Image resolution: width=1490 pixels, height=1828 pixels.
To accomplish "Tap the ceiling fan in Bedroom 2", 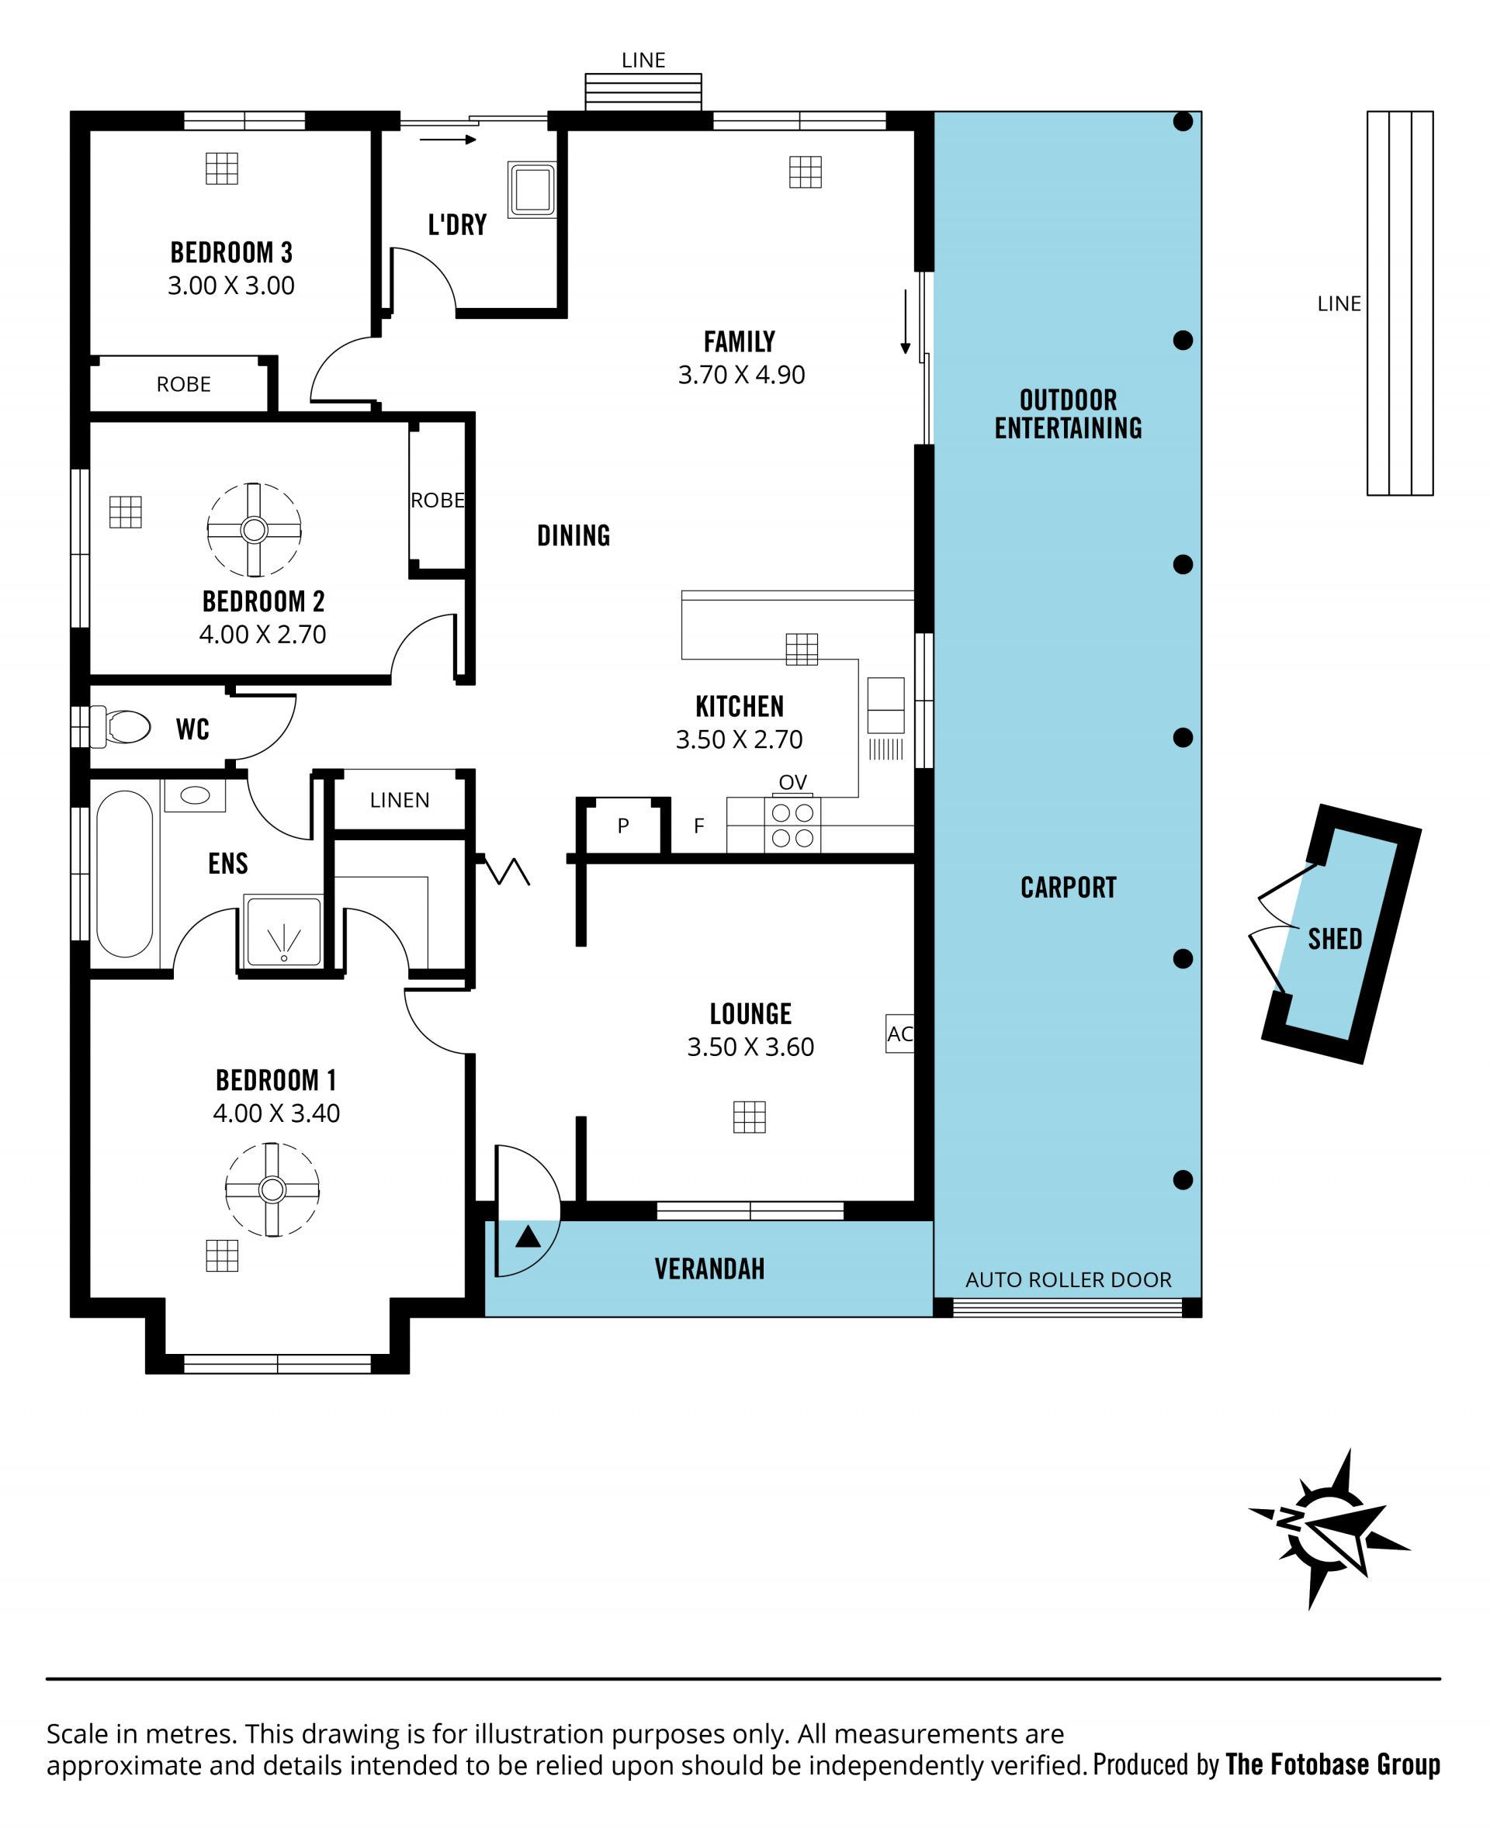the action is point(254,529).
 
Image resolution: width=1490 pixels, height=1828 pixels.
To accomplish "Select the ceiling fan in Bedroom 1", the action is point(272,1189).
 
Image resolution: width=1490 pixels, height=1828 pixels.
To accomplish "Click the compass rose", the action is point(1329,1529).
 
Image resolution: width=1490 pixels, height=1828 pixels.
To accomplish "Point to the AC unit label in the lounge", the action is point(899,1034).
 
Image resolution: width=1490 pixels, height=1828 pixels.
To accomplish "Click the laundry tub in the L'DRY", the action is point(532,189).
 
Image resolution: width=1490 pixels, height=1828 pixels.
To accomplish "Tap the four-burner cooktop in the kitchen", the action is point(792,825).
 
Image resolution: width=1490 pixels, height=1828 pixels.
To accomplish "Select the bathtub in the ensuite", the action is point(124,874).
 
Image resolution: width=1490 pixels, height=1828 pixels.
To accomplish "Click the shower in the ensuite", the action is point(283,932).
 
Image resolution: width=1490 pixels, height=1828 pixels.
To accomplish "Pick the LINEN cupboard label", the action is point(399,800).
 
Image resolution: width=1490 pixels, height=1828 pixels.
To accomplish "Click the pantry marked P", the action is point(623,826).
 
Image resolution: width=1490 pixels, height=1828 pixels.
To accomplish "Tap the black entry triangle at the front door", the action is point(528,1237).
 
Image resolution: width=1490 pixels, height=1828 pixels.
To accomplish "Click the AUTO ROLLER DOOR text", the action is point(1069,1279).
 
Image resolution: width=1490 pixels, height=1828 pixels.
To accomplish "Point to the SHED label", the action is point(1335,939).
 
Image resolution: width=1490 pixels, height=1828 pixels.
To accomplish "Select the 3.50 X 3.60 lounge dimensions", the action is point(750,1047).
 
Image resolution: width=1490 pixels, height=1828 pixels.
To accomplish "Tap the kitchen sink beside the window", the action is point(885,705).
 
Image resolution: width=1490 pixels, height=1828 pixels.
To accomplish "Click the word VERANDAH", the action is point(709,1269).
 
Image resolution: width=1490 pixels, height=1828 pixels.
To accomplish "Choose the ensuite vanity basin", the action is point(195,795).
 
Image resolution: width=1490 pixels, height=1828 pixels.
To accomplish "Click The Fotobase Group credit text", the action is point(1333,1764).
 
